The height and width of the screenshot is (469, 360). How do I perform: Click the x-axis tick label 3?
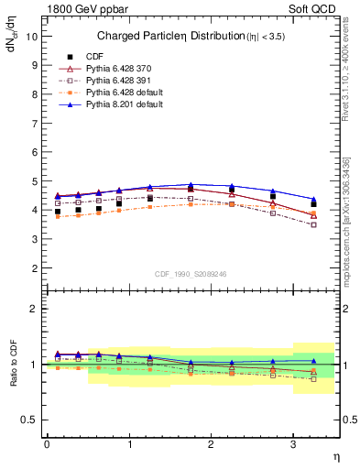tap(293, 444)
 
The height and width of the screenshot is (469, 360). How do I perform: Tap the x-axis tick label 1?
tap(128, 444)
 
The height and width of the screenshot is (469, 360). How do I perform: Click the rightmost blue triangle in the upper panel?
tap(314, 199)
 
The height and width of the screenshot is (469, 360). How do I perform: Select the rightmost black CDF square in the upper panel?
tap(314, 204)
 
